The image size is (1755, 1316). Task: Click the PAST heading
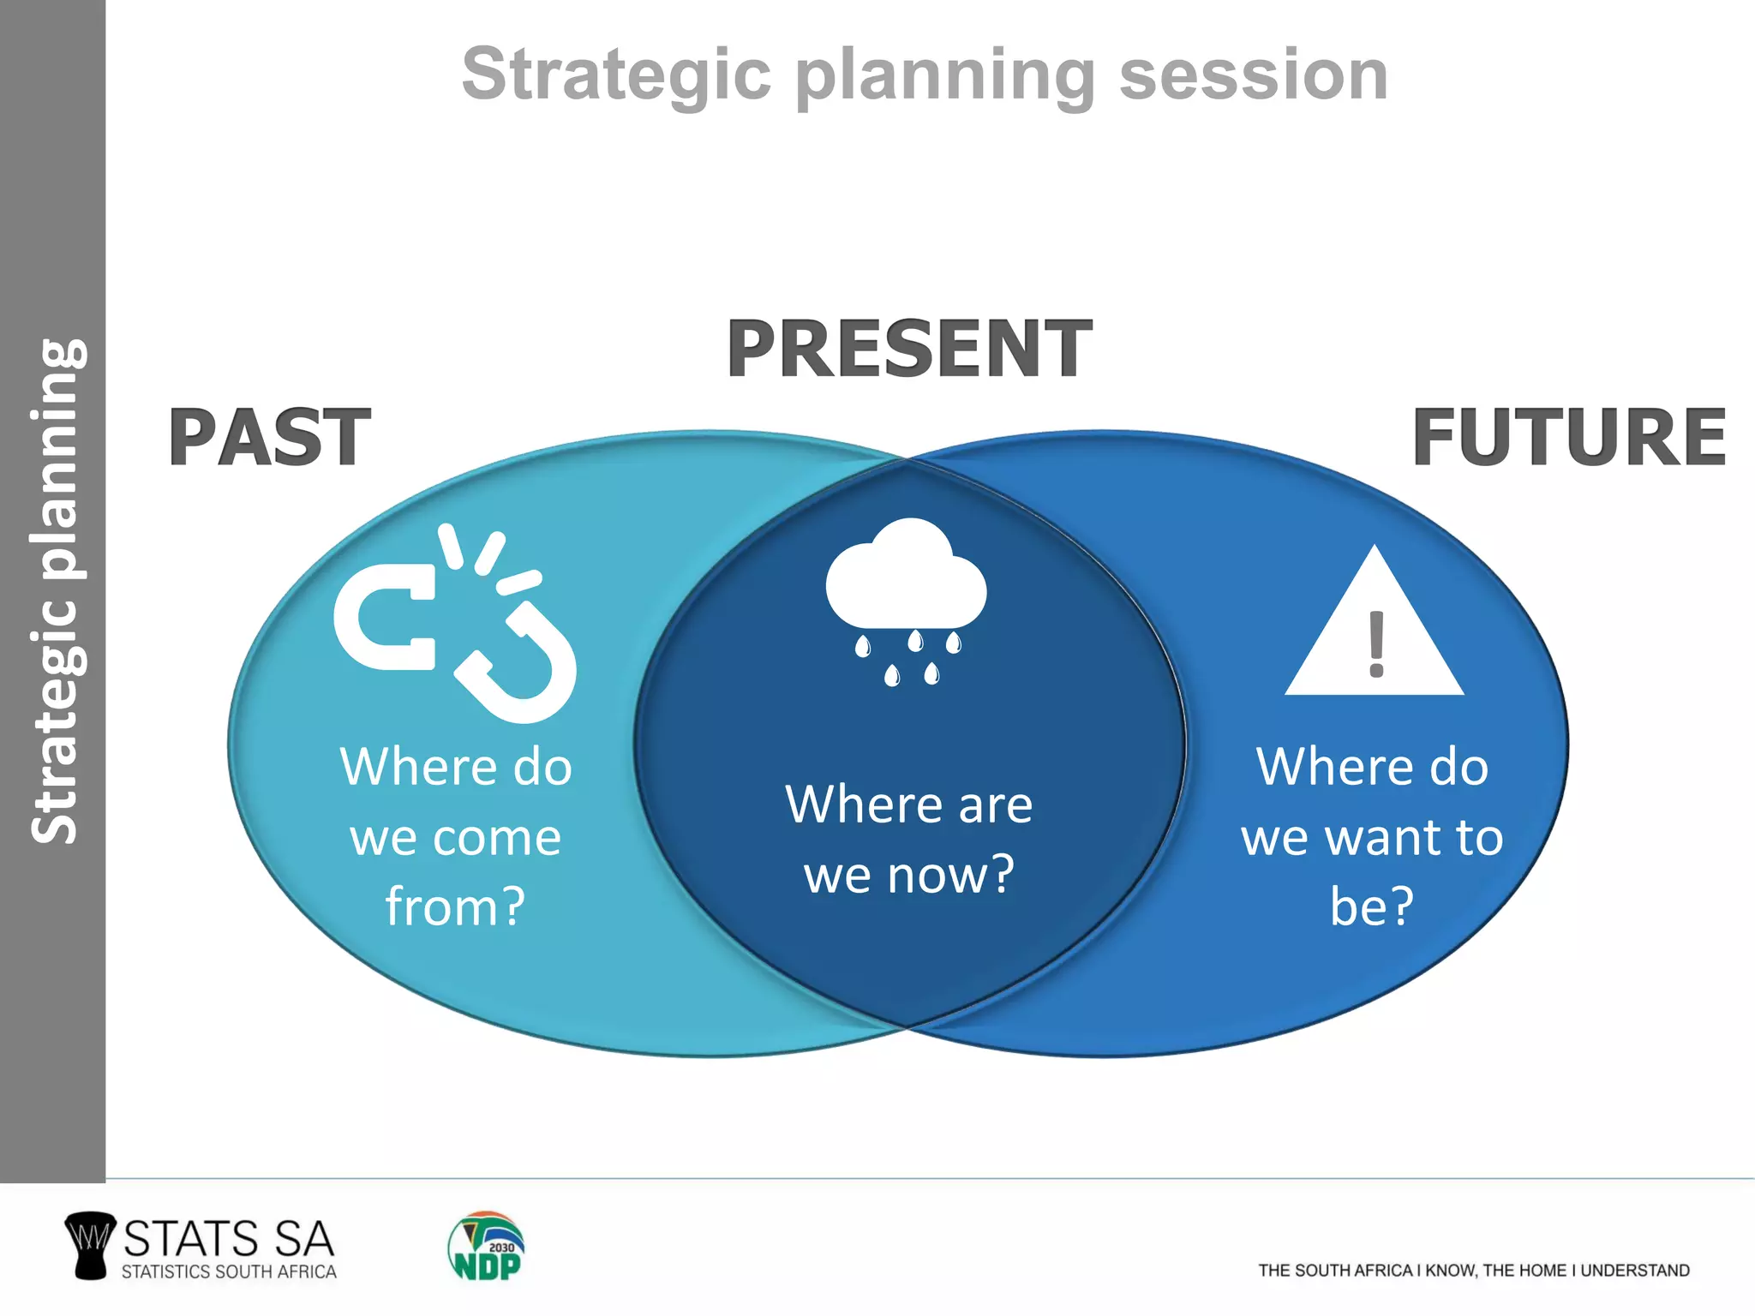click(269, 438)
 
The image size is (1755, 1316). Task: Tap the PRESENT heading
click(908, 349)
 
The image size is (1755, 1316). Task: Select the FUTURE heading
click(1568, 438)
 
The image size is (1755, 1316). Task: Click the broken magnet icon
click(454, 625)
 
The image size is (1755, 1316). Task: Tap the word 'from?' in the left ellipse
click(455, 906)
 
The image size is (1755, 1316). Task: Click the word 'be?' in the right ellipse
click(1372, 906)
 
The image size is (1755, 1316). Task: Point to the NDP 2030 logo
click(486, 1247)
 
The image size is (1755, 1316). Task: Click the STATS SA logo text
click(228, 1239)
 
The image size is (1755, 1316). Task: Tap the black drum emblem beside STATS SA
click(90, 1245)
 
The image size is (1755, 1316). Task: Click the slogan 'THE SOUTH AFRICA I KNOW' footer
click(1474, 1271)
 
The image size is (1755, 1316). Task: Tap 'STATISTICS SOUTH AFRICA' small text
click(229, 1272)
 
